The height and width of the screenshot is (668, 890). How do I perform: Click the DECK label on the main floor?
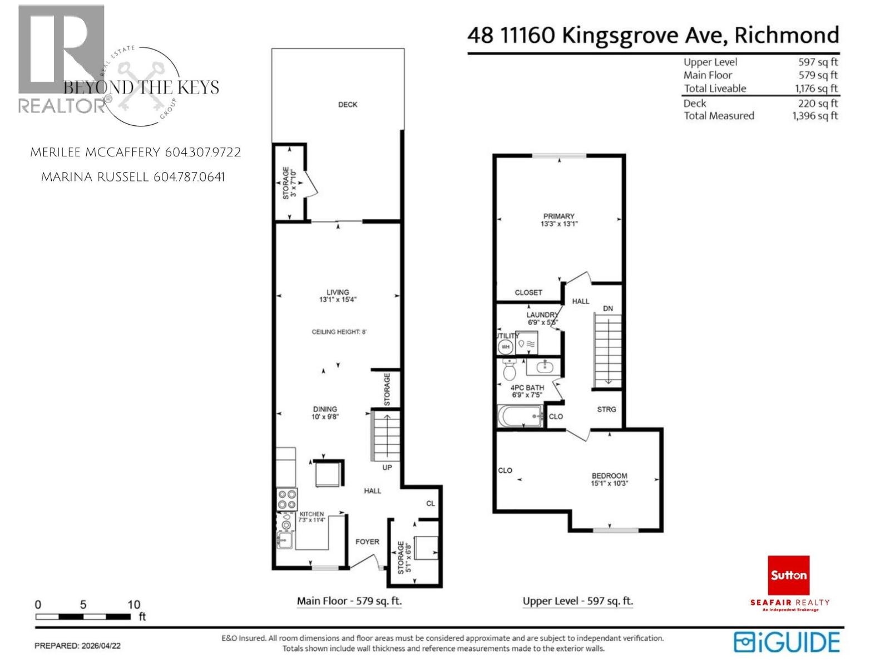pos(348,105)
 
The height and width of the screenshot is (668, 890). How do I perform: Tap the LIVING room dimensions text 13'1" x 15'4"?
pos(338,299)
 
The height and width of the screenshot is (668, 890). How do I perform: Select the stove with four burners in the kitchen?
pos(287,499)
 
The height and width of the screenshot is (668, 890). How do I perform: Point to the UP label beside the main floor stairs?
pos(387,468)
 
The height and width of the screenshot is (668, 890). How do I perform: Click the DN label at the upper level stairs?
pos(608,308)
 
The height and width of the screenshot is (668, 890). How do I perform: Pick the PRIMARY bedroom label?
pos(558,216)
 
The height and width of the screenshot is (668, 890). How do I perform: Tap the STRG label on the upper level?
pos(606,409)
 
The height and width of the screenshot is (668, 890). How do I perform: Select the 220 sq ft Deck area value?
pos(819,104)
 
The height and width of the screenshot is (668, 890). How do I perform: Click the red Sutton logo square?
pos(788,575)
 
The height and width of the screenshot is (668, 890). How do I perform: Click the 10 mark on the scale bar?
pos(133,605)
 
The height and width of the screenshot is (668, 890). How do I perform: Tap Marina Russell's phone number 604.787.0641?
pos(189,178)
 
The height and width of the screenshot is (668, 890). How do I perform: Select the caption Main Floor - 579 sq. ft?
pos(349,601)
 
